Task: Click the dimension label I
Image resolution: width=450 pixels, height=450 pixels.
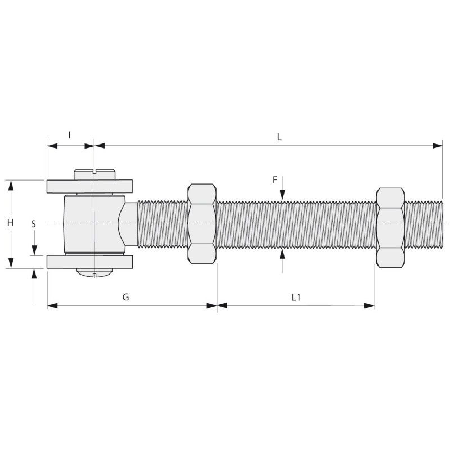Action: click(x=69, y=134)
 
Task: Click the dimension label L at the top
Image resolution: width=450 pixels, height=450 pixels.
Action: click(x=279, y=137)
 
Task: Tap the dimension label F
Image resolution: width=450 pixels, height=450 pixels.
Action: click(x=275, y=180)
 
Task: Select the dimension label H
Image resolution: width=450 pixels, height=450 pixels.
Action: click(x=10, y=222)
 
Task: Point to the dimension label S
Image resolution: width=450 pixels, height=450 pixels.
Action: click(x=34, y=224)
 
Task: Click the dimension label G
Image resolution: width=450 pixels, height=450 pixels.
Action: click(x=125, y=297)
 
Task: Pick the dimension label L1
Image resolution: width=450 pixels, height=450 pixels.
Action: click(x=296, y=298)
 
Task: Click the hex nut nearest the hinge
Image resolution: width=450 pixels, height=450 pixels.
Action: click(x=202, y=223)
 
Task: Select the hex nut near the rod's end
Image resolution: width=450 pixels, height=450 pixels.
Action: click(x=390, y=228)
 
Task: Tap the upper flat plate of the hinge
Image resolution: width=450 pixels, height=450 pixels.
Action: click(x=89, y=186)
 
